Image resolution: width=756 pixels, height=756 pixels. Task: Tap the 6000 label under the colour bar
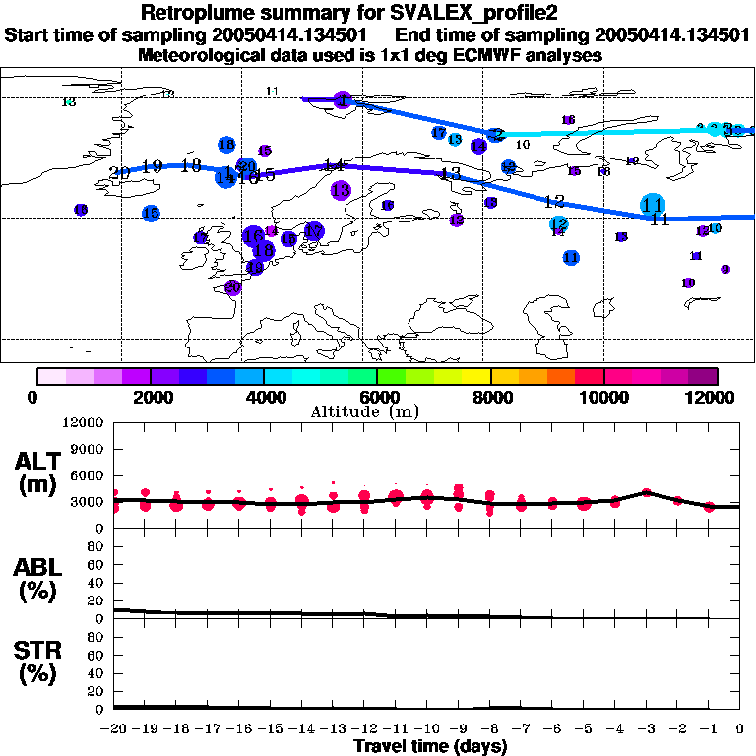[377, 397]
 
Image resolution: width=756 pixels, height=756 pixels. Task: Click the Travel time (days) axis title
[430, 747]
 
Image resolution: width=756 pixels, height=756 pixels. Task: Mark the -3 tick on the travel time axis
[646, 729]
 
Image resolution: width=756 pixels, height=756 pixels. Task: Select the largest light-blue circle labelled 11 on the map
[652, 204]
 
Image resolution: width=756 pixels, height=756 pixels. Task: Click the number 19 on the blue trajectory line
[152, 167]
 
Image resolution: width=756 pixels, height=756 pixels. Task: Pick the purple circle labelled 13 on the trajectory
[341, 190]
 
